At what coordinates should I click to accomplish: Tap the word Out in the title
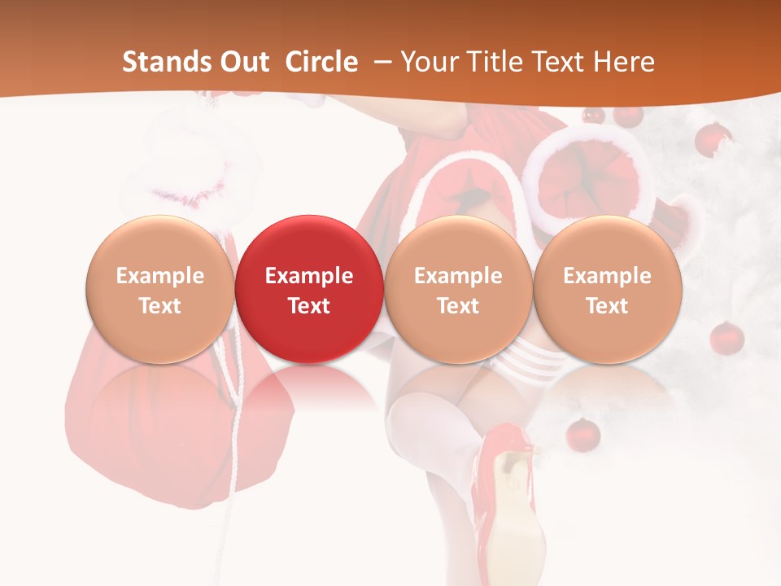pos(242,62)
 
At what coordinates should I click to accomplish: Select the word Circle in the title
pos(321,62)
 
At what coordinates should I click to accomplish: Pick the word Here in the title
pos(624,62)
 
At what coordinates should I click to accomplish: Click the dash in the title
pos(380,62)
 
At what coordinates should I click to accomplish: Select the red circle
pos(308,289)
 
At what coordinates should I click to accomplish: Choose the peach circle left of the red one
pos(160,289)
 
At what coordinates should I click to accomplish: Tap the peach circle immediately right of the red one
pos(458,289)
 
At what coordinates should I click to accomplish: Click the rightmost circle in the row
pos(607,289)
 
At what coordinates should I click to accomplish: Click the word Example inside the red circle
pos(309,276)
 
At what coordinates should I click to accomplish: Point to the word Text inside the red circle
pos(309,306)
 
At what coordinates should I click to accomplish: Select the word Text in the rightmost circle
pos(607,306)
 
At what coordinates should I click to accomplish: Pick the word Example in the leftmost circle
pos(160,276)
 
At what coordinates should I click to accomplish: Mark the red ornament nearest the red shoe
pos(582,434)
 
